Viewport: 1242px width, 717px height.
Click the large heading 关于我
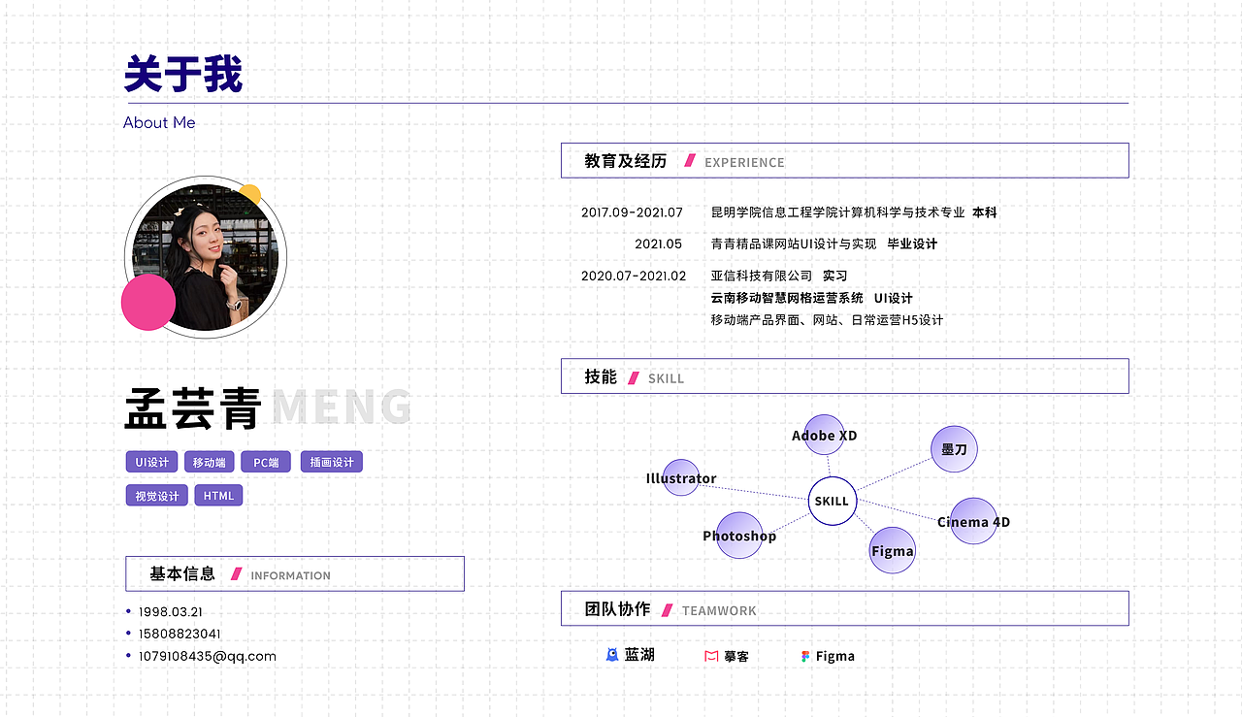pyautogui.click(x=183, y=75)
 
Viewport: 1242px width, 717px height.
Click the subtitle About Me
pyautogui.click(x=159, y=123)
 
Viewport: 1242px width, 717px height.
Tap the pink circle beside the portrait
pyautogui.click(x=148, y=302)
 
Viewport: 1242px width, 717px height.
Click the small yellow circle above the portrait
pyautogui.click(x=250, y=192)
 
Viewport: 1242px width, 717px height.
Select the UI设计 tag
pyautogui.click(x=151, y=463)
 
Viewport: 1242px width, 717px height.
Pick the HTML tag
pyautogui.click(x=218, y=496)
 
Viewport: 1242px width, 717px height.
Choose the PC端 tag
pyautogui.click(x=266, y=463)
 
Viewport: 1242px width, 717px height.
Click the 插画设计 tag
pyautogui.click(x=332, y=463)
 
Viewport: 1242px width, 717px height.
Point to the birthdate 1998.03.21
pyautogui.click(x=171, y=612)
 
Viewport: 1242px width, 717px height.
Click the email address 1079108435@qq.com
pyautogui.click(x=208, y=656)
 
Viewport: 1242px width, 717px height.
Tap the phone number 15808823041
pyautogui.click(x=180, y=635)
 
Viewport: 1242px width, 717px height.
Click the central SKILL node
pyautogui.click(x=833, y=502)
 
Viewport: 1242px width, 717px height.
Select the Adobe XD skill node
pyautogui.click(x=825, y=435)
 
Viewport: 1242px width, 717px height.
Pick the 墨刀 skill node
pyautogui.click(x=954, y=449)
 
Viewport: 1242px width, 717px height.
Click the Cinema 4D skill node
pyautogui.click(x=973, y=522)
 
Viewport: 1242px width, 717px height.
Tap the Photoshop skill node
pyautogui.click(x=739, y=536)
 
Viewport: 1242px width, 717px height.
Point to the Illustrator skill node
pyautogui.click(x=681, y=478)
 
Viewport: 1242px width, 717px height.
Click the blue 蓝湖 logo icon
pyautogui.click(x=612, y=655)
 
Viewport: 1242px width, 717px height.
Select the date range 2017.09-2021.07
pyautogui.click(x=632, y=212)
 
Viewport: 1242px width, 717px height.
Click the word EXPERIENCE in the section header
pyautogui.click(x=744, y=162)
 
